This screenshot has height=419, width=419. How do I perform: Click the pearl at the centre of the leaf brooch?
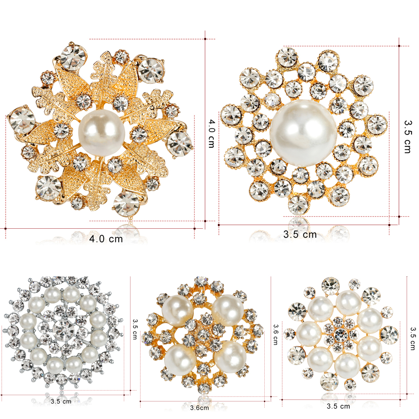[102, 133]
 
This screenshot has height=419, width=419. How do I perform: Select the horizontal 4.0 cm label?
[106, 239]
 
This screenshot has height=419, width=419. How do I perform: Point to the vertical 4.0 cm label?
[212, 133]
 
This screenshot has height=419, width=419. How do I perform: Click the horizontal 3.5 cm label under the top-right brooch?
[300, 234]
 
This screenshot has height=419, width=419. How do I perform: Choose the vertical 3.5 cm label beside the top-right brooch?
[408, 137]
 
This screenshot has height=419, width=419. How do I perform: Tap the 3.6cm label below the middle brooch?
[199, 408]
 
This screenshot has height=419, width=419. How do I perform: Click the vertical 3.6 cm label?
[276, 335]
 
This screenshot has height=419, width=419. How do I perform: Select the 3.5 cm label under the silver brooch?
[61, 401]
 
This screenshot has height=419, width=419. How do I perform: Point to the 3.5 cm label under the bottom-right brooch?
[338, 406]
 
